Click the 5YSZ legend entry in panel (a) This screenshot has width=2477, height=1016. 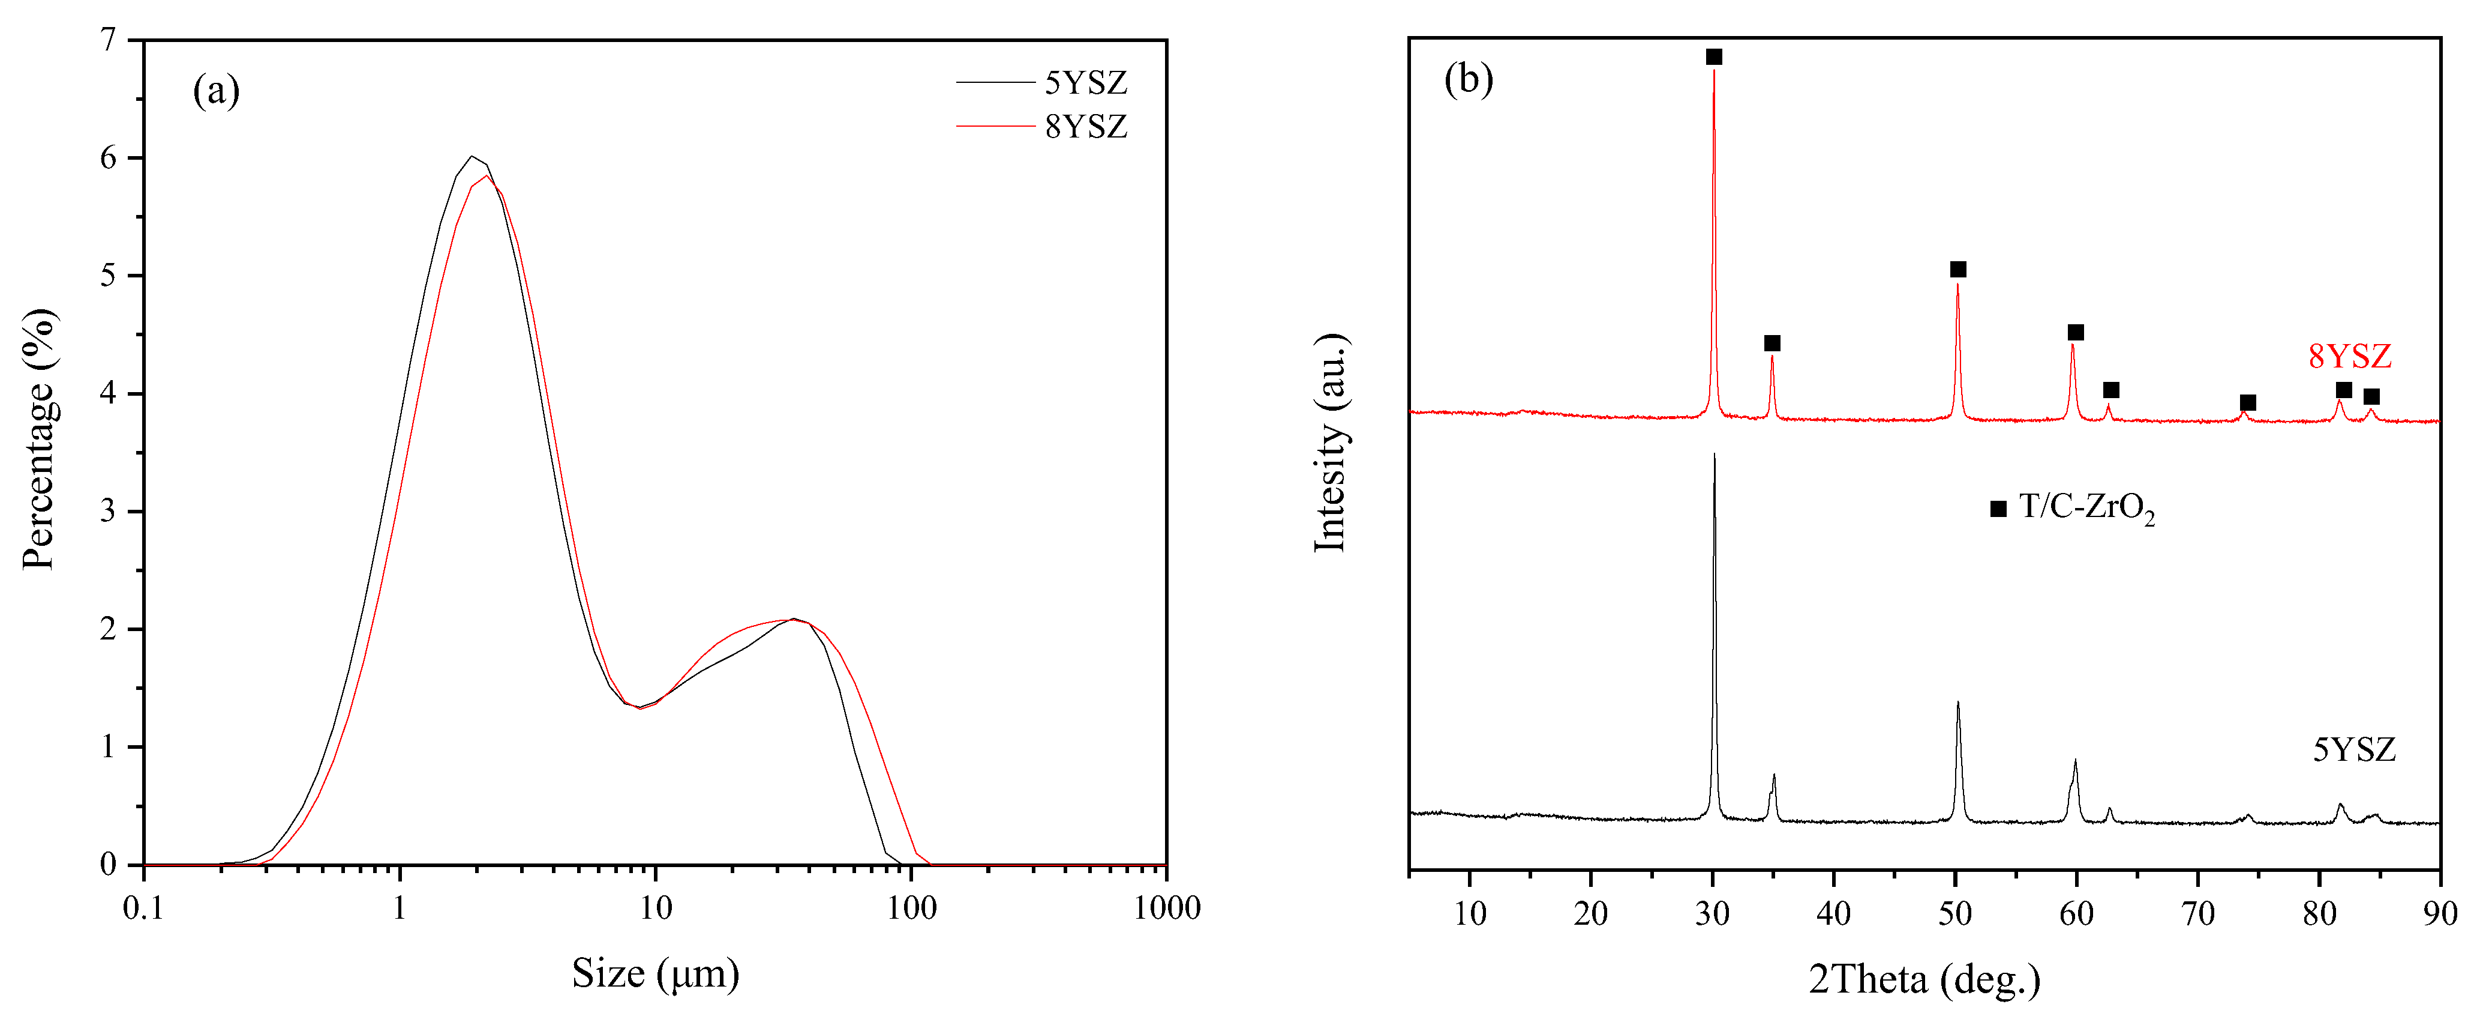(x=1086, y=83)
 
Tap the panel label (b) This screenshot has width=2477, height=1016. (x=1469, y=79)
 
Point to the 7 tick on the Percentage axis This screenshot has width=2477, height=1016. (x=108, y=40)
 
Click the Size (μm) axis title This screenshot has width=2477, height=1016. (x=655, y=974)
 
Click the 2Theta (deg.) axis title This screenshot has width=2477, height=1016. (x=1924, y=979)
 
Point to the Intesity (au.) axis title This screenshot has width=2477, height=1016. (x=1331, y=443)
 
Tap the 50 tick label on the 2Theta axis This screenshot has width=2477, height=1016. (x=1955, y=912)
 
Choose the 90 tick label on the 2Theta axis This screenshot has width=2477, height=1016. (x=2439, y=912)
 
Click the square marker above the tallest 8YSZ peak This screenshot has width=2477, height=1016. (x=1713, y=57)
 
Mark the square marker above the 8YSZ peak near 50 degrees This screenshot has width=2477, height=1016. (x=1957, y=270)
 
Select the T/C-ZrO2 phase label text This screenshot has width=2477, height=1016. (x=2086, y=507)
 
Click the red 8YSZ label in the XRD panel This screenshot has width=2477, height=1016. (x=2349, y=356)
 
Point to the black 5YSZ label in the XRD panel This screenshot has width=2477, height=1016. (x=2353, y=749)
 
